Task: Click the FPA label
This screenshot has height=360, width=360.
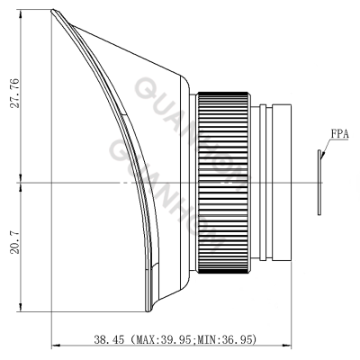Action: tap(339, 136)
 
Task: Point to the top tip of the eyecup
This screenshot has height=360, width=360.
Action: tap(55, 11)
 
